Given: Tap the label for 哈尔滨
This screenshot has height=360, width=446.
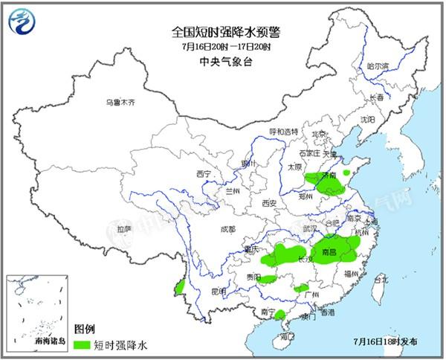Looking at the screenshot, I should point(378,66).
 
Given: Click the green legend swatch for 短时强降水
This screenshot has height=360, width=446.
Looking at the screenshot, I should point(82,345).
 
